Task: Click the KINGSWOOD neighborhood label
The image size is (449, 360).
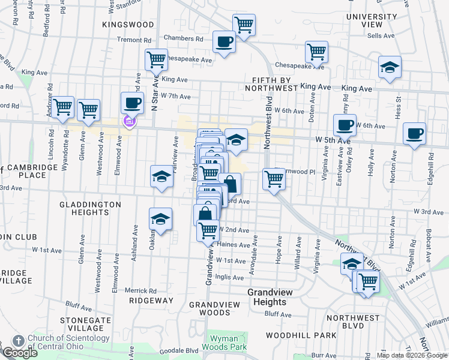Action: click(x=128, y=25)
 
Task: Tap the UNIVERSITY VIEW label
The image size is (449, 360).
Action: click(x=372, y=20)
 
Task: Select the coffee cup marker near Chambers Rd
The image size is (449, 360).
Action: click(x=224, y=43)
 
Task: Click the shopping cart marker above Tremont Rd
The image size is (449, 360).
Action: click(x=244, y=26)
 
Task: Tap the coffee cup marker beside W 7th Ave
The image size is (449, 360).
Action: click(x=132, y=103)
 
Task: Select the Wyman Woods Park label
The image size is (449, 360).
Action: click(x=228, y=343)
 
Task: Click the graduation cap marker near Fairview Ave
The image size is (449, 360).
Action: click(x=161, y=176)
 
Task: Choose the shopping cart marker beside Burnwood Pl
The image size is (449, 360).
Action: click(x=274, y=179)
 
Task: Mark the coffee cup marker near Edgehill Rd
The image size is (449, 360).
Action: click(x=414, y=134)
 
